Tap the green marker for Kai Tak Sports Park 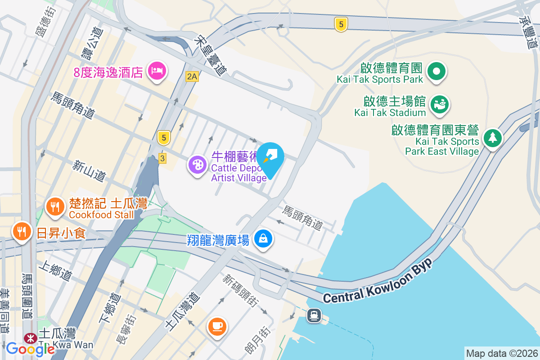[436, 71]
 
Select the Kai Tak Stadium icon [439, 104]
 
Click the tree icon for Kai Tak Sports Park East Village [493, 138]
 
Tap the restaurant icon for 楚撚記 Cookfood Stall [55, 207]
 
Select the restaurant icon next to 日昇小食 [21, 232]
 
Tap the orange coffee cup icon [217, 325]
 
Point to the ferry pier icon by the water [314, 315]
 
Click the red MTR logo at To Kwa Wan [31, 337]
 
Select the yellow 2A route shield [192, 76]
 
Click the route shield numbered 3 [162, 158]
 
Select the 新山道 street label [89, 171]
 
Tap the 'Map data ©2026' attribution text [501, 353]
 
